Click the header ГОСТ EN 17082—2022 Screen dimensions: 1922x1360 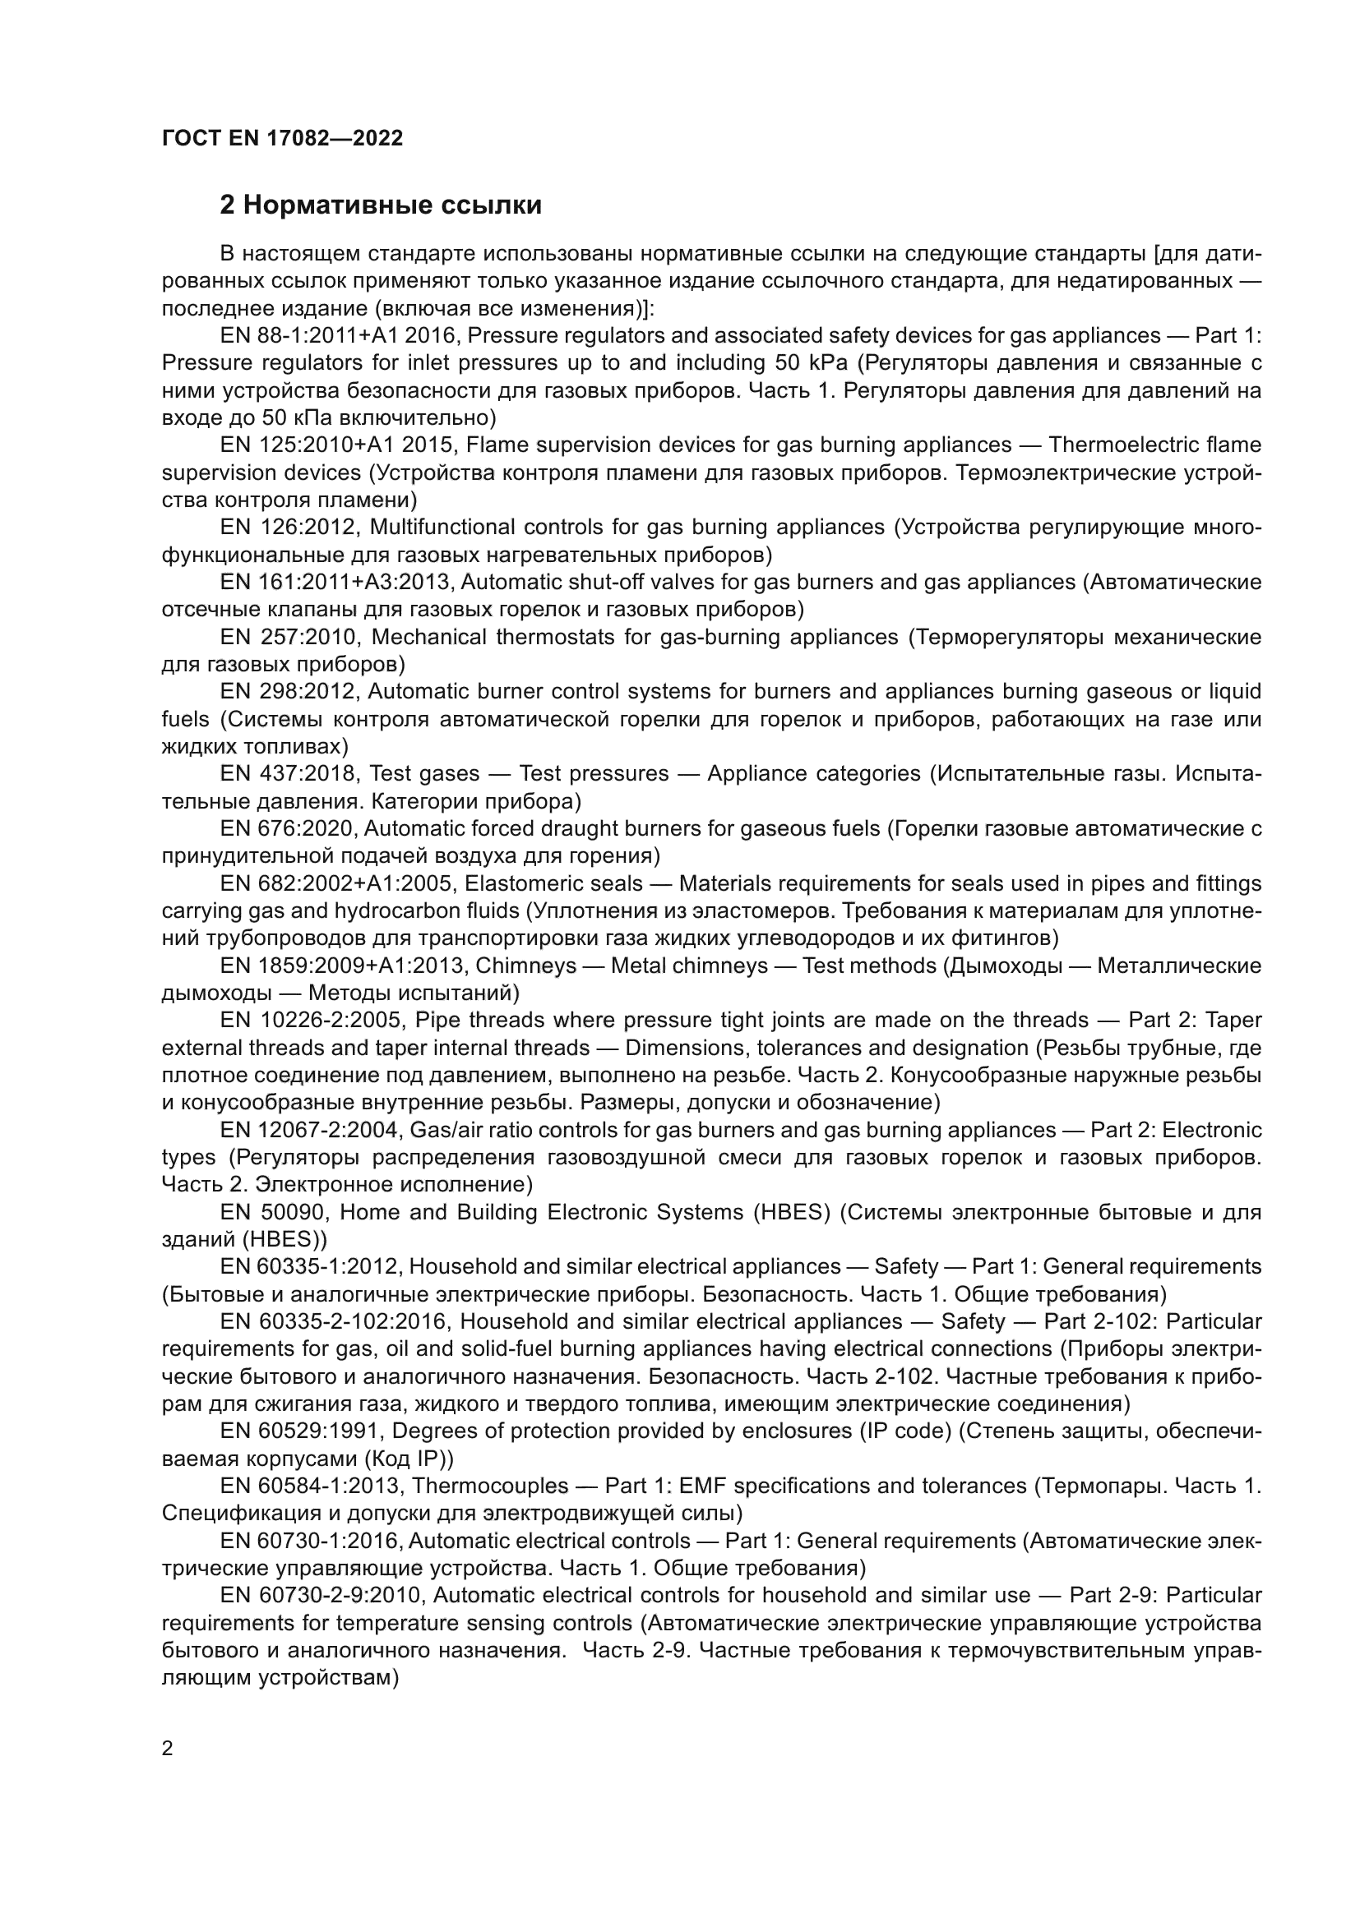(x=282, y=138)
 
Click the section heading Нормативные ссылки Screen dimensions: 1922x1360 (x=380, y=205)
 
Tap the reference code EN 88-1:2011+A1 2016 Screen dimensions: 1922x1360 (x=338, y=336)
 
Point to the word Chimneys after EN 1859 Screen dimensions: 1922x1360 (x=526, y=966)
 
